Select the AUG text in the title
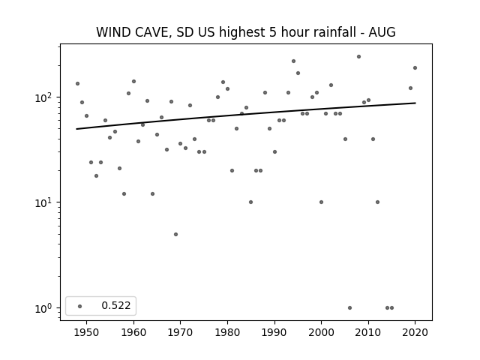tap(382, 32)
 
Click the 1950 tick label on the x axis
tap(87, 332)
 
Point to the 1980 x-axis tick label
tap(227, 332)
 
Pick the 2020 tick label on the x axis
tap(415, 332)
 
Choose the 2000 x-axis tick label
tap(321, 332)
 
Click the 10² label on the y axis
tap(43, 97)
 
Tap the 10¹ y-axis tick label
tap(43, 202)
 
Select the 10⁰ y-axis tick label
tap(43, 308)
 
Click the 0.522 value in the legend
tap(116, 305)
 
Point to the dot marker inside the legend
tap(80, 306)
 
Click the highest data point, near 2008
tap(358, 57)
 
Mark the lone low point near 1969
tap(175, 234)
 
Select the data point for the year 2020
tap(415, 68)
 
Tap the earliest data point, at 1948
tap(77, 83)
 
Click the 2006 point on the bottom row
tap(350, 308)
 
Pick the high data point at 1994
tap(293, 61)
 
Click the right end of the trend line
tap(415, 103)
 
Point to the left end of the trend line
tap(76, 129)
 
